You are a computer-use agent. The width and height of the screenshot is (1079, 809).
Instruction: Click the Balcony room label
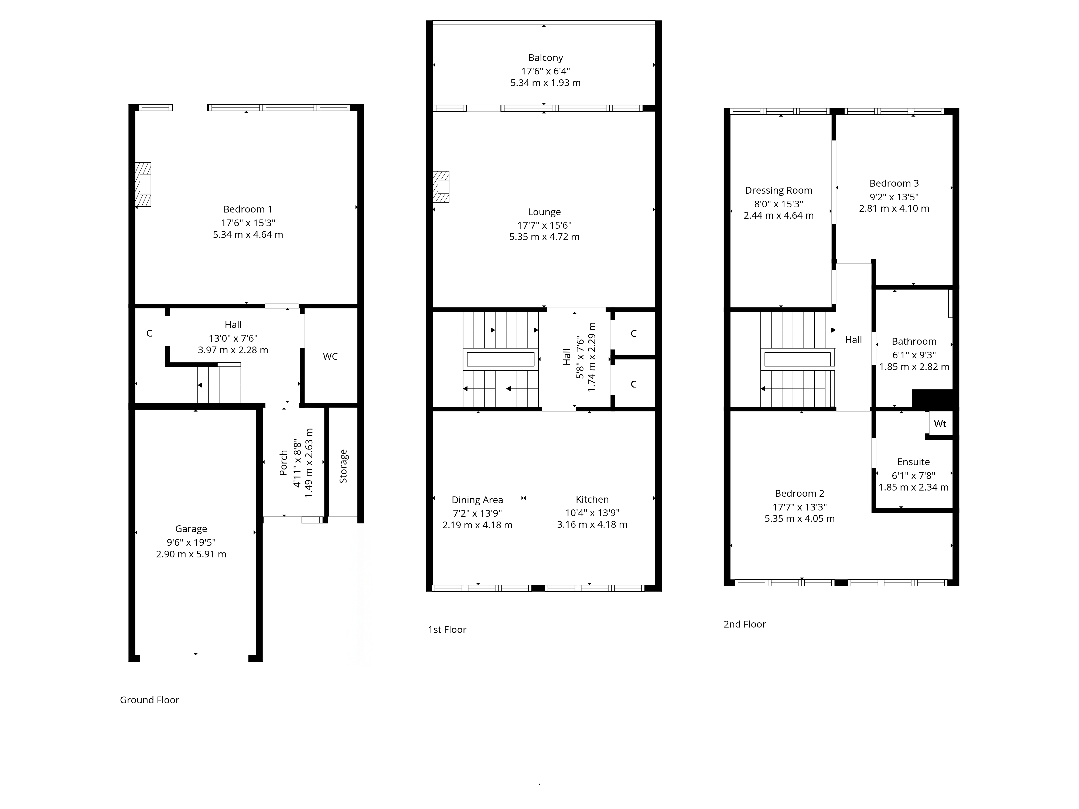pos(545,57)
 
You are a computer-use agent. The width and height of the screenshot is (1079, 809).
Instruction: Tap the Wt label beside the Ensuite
pos(940,424)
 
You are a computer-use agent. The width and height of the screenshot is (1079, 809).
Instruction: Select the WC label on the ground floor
pos(330,356)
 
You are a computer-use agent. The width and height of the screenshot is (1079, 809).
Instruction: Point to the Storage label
pos(343,466)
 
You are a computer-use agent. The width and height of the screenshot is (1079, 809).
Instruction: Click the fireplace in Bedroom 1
pos(143,184)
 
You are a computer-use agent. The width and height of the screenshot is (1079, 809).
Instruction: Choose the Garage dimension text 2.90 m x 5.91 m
pos(191,554)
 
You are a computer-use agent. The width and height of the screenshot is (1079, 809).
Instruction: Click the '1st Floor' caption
pos(447,630)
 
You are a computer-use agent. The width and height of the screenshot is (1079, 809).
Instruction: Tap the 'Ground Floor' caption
pos(150,700)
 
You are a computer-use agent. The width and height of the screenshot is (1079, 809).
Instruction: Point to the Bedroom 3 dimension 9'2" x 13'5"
pos(894,197)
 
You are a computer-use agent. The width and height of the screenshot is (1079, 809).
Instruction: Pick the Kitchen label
pos(592,499)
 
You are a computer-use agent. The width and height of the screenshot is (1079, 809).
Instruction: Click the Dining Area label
pos(477,500)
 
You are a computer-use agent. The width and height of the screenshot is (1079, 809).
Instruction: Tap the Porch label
pos(284,463)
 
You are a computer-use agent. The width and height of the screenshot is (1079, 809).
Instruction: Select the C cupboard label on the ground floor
pos(149,333)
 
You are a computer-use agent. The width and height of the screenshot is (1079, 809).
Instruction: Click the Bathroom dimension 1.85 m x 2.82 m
pos(914,367)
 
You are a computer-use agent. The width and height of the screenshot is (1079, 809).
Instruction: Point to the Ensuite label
pos(914,462)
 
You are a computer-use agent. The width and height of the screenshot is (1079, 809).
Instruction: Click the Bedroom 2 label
pos(800,493)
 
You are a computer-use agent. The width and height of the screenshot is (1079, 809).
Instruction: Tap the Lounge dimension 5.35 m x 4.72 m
pos(544,237)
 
